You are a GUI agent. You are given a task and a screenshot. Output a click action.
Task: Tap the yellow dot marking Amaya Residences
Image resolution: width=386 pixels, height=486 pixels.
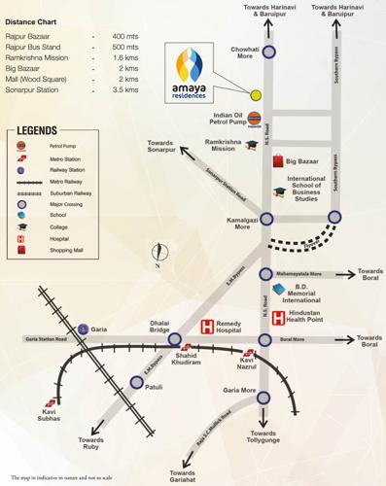click(x=256, y=95)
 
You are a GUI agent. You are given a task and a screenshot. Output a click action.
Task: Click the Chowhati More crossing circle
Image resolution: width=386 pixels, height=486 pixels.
click(x=267, y=52)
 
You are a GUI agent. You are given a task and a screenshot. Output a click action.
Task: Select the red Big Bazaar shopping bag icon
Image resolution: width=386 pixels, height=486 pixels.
click(x=278, y=159)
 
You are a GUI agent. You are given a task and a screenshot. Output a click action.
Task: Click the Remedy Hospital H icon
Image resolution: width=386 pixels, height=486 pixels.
click(x=206, y=328)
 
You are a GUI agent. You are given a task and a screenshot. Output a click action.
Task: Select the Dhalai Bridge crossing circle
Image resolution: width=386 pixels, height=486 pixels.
click(x=175, y=339)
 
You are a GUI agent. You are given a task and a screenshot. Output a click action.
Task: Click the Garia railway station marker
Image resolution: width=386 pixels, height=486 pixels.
click(x=84, y=330)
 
